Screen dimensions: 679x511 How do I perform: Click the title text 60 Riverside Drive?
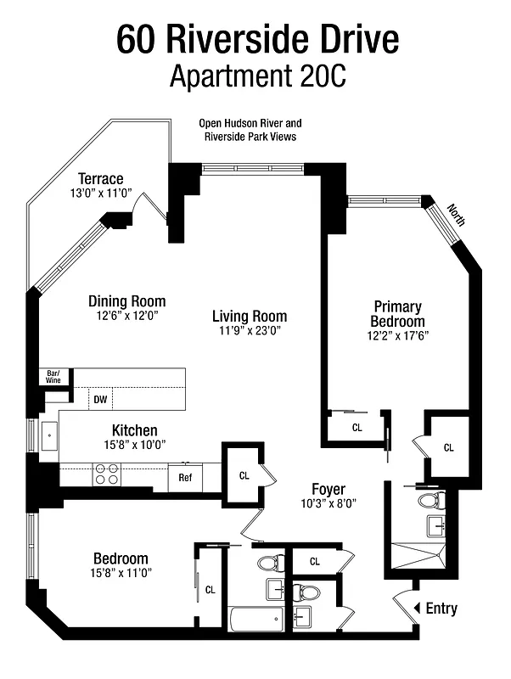tap(255, 39)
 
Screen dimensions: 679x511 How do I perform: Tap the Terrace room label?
tap(101, 179)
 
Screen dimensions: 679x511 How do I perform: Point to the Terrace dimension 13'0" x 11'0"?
tap(101, 194)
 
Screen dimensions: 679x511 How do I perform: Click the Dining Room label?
tap(127, 301)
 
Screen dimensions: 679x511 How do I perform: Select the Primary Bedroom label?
tap(397, 314)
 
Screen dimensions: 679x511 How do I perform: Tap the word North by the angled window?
tap(458, 216)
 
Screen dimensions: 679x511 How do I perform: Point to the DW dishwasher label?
tap(100, 398)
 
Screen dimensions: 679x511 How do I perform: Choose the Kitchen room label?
tap(134, 430)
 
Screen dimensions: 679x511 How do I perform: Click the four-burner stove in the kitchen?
tap(106, 474)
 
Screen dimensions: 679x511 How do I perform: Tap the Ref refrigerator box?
tap(185, 477)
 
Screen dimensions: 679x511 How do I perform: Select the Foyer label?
tap(327, 489)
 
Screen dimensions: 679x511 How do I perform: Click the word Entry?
tap(441, 608)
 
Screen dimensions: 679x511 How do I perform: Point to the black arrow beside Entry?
tap(416, 608)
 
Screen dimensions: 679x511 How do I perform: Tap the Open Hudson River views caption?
tap(250, 130)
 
